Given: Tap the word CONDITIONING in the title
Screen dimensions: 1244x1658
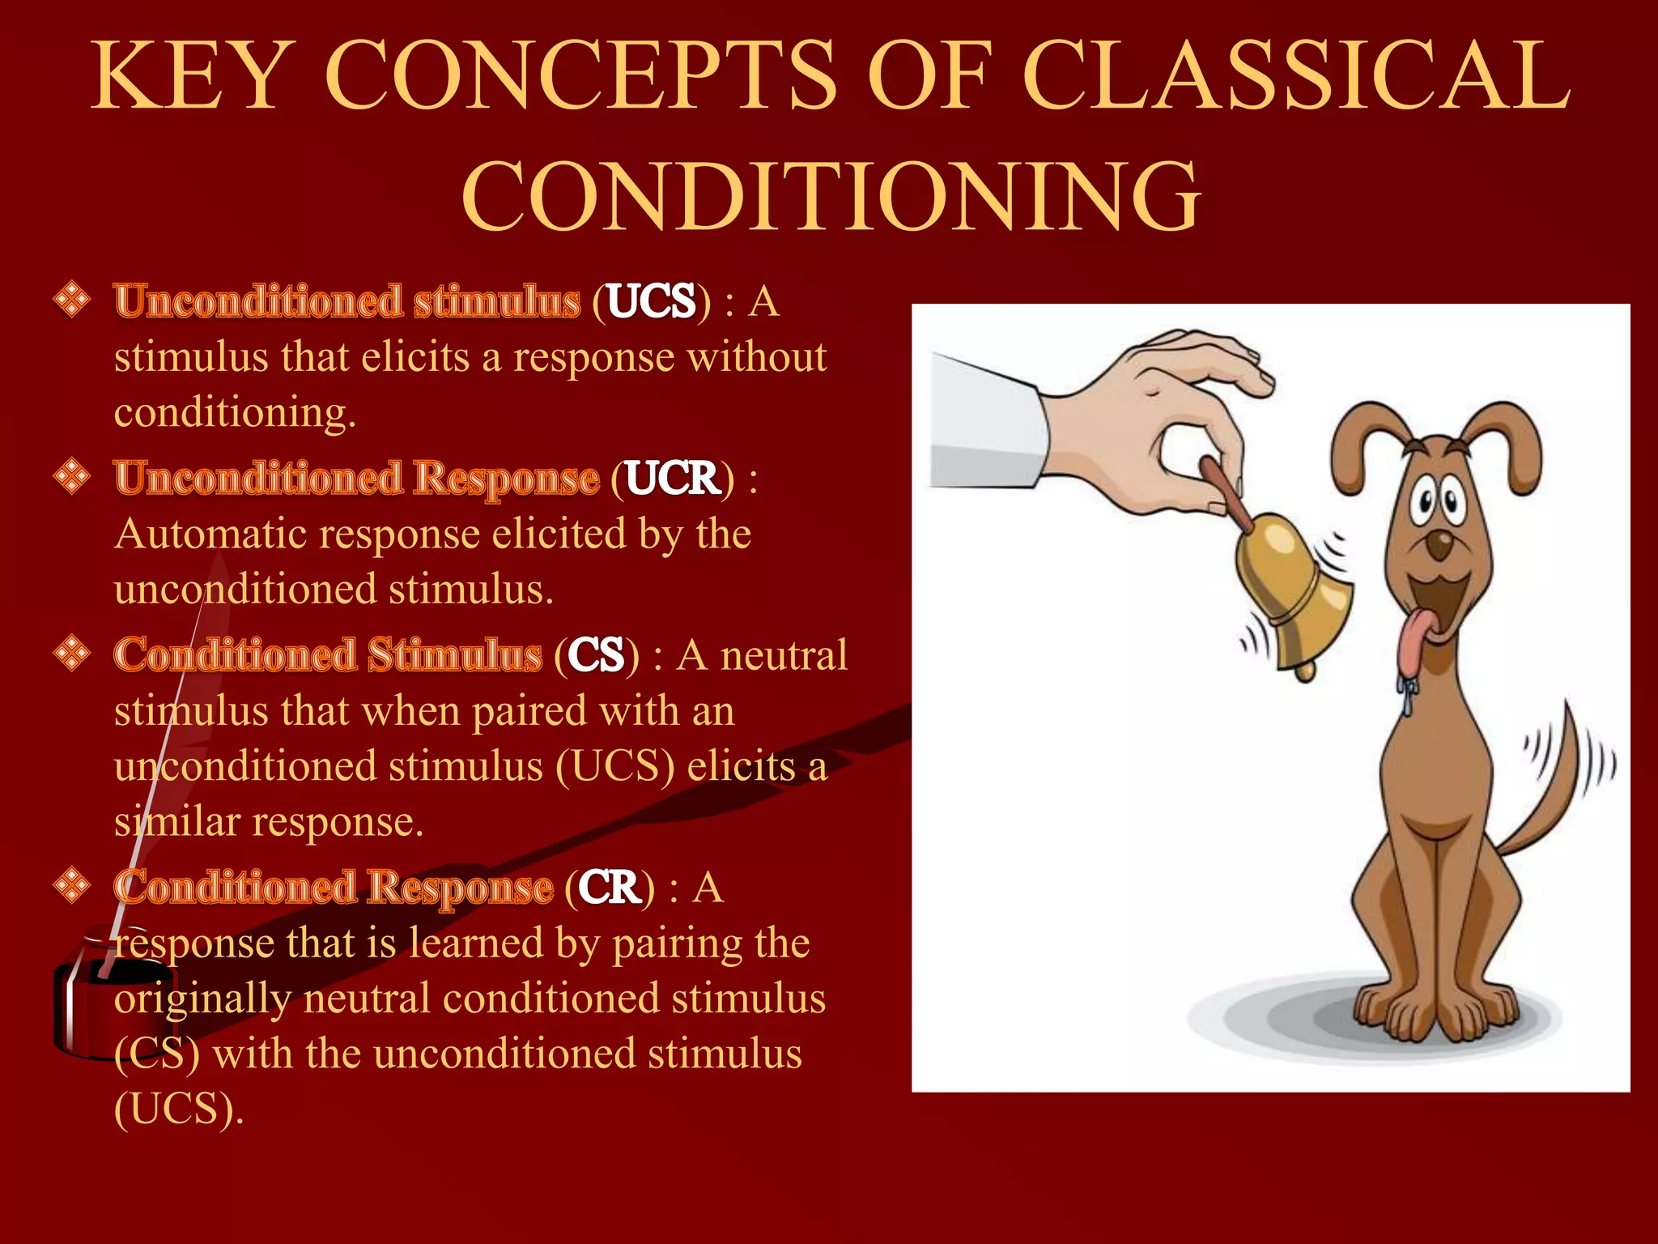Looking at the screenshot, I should (831, 196).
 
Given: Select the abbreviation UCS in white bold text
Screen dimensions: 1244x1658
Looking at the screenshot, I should (651, 301).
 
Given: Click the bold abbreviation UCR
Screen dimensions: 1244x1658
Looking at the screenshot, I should (672, 478).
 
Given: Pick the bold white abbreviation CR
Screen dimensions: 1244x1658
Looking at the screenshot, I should (610, 888).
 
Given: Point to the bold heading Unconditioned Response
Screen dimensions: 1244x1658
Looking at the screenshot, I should (356, 478).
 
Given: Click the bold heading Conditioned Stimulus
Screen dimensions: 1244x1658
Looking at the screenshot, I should (328, 654).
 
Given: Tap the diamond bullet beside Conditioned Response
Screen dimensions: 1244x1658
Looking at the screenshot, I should (72, 885).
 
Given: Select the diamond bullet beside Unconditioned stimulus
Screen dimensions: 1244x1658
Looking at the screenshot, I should (72, 300).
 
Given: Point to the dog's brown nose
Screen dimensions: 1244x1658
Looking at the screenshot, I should (1439, 545).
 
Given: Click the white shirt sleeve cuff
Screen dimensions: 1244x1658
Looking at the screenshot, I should (988, 421).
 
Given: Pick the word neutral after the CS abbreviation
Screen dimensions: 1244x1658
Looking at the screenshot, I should (784, 655).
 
